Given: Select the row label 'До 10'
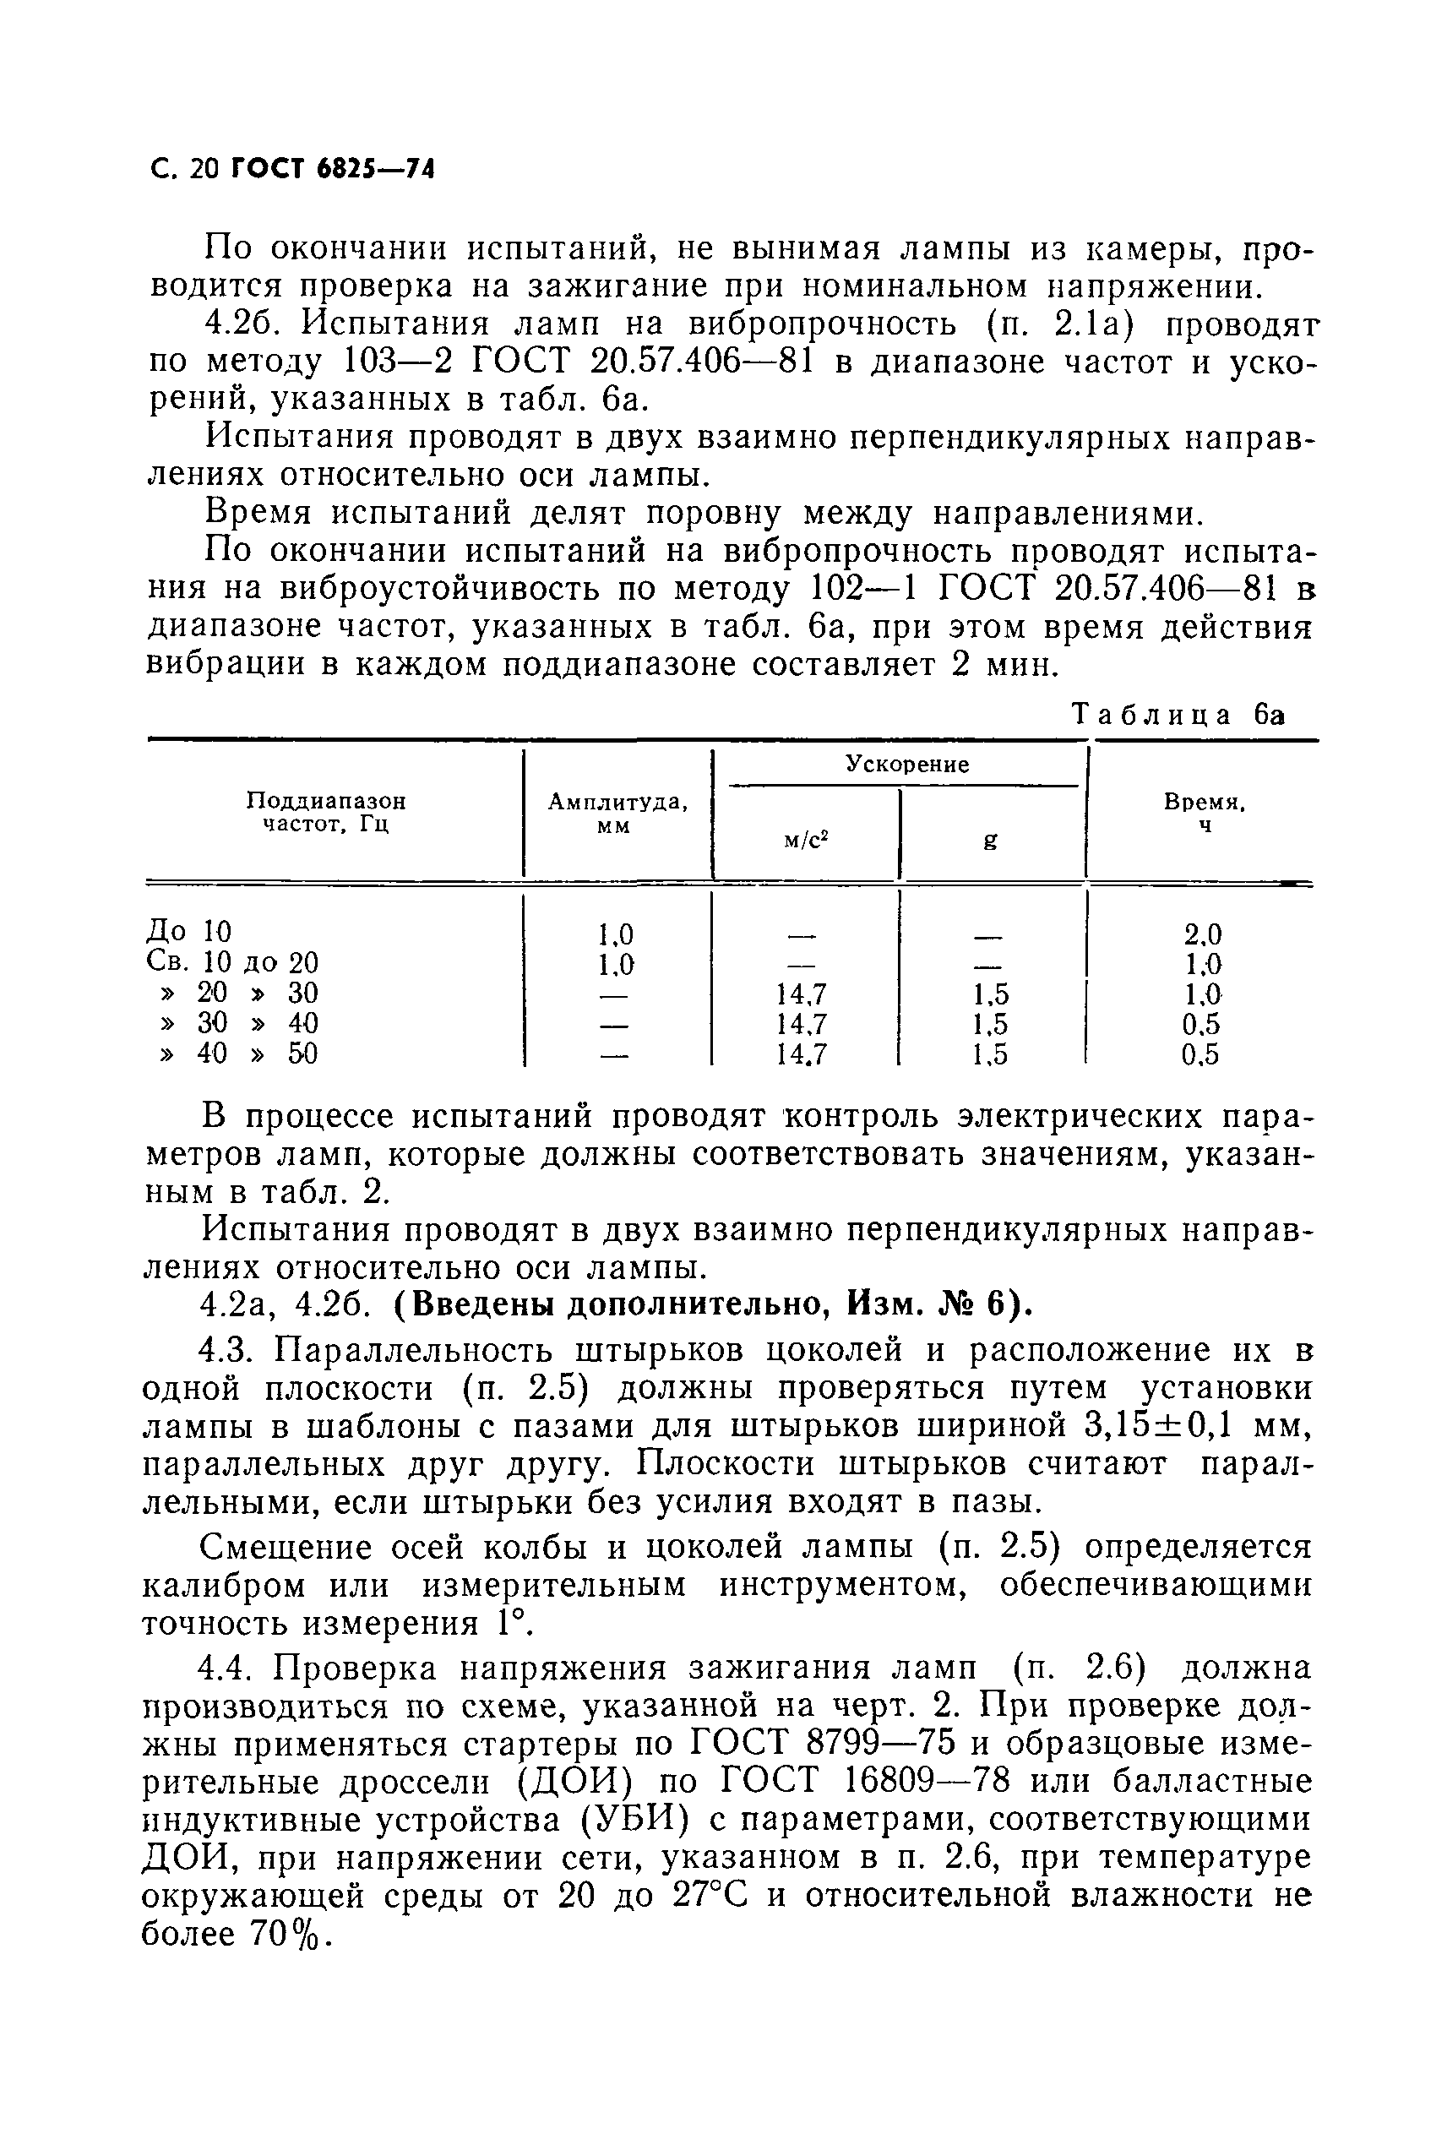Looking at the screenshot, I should (x=189, y=932).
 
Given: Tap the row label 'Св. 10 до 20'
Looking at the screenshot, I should (x=231, y=962).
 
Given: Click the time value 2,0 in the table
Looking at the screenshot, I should (x=1202, y=934).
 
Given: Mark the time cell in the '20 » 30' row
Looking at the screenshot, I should (x=1202, y=994).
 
